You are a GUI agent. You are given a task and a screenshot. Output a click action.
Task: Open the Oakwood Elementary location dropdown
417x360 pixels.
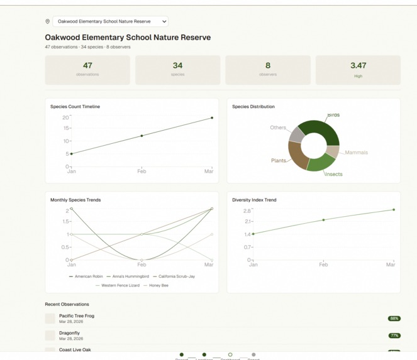coord(110,21)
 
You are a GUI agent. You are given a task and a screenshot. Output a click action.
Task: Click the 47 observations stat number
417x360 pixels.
coord(87,65)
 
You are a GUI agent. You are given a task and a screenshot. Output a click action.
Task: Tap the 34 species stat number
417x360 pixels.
coord(177,65)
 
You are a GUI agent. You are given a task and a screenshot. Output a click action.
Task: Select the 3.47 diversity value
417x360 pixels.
coord(358,65)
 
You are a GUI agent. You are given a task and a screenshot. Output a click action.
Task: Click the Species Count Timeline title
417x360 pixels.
coord(75,107)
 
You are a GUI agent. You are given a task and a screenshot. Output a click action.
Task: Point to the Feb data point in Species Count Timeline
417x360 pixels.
coord(142,136)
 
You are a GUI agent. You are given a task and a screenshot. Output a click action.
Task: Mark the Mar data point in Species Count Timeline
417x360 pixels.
coord(212,117)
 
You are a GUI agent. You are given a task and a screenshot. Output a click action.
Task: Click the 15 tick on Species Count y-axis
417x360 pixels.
coord(65,128)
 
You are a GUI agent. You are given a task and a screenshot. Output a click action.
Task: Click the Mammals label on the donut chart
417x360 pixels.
coord(356,153)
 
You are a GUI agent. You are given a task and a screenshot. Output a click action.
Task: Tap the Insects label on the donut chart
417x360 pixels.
coord(333,174)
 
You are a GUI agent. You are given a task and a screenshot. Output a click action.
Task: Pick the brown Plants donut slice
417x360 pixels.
coord(297,156)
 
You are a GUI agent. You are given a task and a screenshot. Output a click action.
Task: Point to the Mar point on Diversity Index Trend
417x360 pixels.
coord(394,210)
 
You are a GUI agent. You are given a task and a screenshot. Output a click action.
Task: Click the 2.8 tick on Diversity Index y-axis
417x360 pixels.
coord(247,211)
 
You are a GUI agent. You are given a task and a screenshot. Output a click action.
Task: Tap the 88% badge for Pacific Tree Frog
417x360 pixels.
coord(394,319)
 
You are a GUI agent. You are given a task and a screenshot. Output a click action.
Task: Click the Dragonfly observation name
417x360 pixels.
coord(69,333)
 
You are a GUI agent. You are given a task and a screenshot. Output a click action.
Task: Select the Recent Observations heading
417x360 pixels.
coord(67,304)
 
